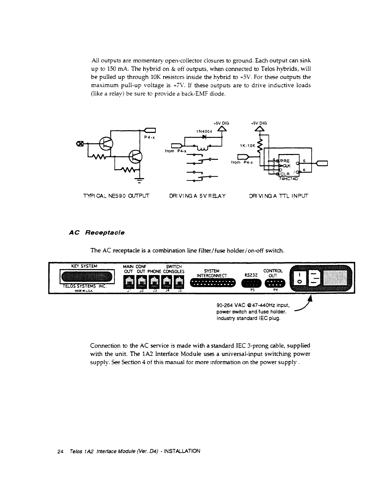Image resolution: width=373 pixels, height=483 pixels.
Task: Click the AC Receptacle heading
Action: [97, 233]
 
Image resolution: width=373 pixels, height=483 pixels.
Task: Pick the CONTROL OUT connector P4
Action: [275, 284]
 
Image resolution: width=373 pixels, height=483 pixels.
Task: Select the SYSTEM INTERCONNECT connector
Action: [213, 284]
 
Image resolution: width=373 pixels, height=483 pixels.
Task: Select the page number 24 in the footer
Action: [60, 451]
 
